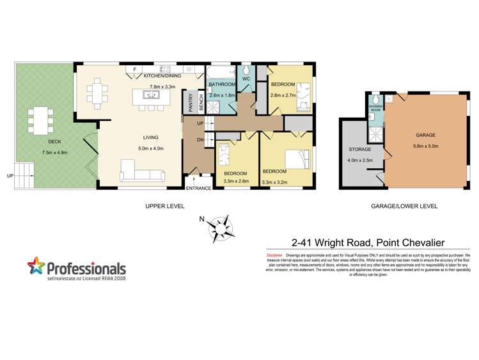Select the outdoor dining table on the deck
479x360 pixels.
41,120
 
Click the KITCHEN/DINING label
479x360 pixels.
162,75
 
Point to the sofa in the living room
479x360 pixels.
141,171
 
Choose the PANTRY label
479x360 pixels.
190,103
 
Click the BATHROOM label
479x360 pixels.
222,84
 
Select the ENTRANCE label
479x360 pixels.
198,189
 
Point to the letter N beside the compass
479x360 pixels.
202,219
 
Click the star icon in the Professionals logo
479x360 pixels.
36,267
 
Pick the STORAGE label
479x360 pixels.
360,151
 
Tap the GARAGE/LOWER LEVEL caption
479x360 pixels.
404,207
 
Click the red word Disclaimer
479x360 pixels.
274,255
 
